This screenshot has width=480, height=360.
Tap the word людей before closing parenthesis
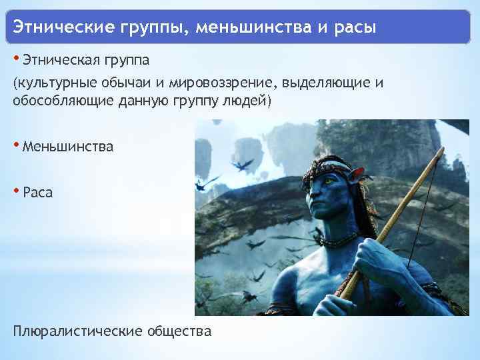[x=245, y=101]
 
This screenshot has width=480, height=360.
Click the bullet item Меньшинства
[x=67, y=146]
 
